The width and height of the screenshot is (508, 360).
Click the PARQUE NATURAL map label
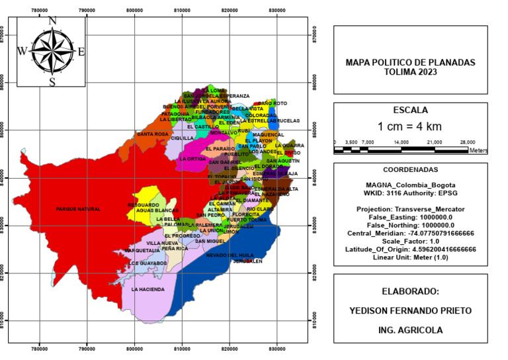(x=78, y=209)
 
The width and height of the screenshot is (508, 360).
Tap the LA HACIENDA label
(x=148, y=289)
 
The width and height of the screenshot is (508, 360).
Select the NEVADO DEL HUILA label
(x=230, y=255)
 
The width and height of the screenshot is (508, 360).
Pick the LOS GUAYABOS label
(x=147, y=263)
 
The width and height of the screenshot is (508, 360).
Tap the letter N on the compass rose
(x=52, y=21)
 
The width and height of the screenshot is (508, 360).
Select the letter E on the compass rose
(x=81, y=51)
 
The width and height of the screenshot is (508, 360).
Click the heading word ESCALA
(x=410, y=111)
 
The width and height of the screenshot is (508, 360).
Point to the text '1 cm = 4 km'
(x=410, y=126)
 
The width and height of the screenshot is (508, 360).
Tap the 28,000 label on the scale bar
(x=468, y=142)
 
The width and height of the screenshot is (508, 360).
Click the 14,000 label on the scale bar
(x=401, y=142)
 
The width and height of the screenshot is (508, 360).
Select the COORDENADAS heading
(x=410, y=170)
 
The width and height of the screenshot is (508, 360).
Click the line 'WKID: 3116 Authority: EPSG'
(x=410, y=193)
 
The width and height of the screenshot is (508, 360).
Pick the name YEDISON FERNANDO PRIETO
(x=410, y=310)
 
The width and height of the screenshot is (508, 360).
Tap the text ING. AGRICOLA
(x=410, y=330)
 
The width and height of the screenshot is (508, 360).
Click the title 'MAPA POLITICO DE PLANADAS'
(x=410, y=62)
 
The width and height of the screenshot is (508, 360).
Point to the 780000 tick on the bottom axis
(x=40, y=346)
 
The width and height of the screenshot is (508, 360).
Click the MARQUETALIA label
(x=142, y=251)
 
